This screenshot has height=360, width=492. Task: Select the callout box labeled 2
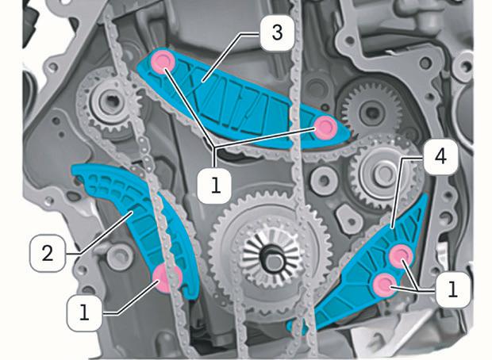tap(46, 254)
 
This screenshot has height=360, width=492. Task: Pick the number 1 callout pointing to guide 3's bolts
tap(216, 186)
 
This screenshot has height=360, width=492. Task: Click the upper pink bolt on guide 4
tap(402, 254)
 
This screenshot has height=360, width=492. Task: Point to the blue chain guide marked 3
tap(238, 99)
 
